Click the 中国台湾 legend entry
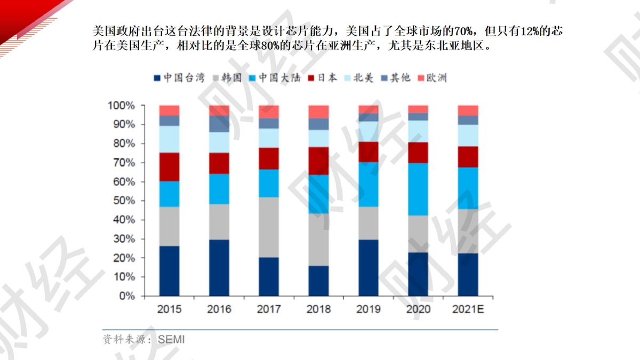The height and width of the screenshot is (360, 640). click(x=179, y=78)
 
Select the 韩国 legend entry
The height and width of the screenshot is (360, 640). click(x=228, y=78)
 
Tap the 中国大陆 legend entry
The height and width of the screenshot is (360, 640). click(x=275, y=78)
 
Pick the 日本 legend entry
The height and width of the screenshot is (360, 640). click(x=323, y=78)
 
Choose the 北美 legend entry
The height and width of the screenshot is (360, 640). click(x=359, y=78)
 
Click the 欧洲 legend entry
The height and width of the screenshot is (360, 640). click(x=433, y=78)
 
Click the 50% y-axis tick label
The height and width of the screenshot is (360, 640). click(x=124, y=201)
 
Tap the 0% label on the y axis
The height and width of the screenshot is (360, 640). click(x=127, y=295)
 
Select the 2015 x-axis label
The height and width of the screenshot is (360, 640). click(x=169, y=309)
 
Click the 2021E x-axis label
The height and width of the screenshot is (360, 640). click(x=468, y=309)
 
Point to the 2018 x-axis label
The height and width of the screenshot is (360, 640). click(x=318, y=309)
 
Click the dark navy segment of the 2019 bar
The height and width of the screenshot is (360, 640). click(x=369, y=268)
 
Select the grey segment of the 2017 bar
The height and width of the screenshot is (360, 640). click(x=269, y=227)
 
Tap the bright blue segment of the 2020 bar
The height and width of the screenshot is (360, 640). click(x=418, y=189)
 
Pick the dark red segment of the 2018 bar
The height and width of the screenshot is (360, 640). click(x=318, y=161)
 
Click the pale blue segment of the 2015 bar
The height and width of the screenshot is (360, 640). click(x=170, y=139)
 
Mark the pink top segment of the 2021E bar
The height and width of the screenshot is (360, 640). click(x=468, y=110)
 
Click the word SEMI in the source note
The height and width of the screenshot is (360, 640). click(x=171, y=339)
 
